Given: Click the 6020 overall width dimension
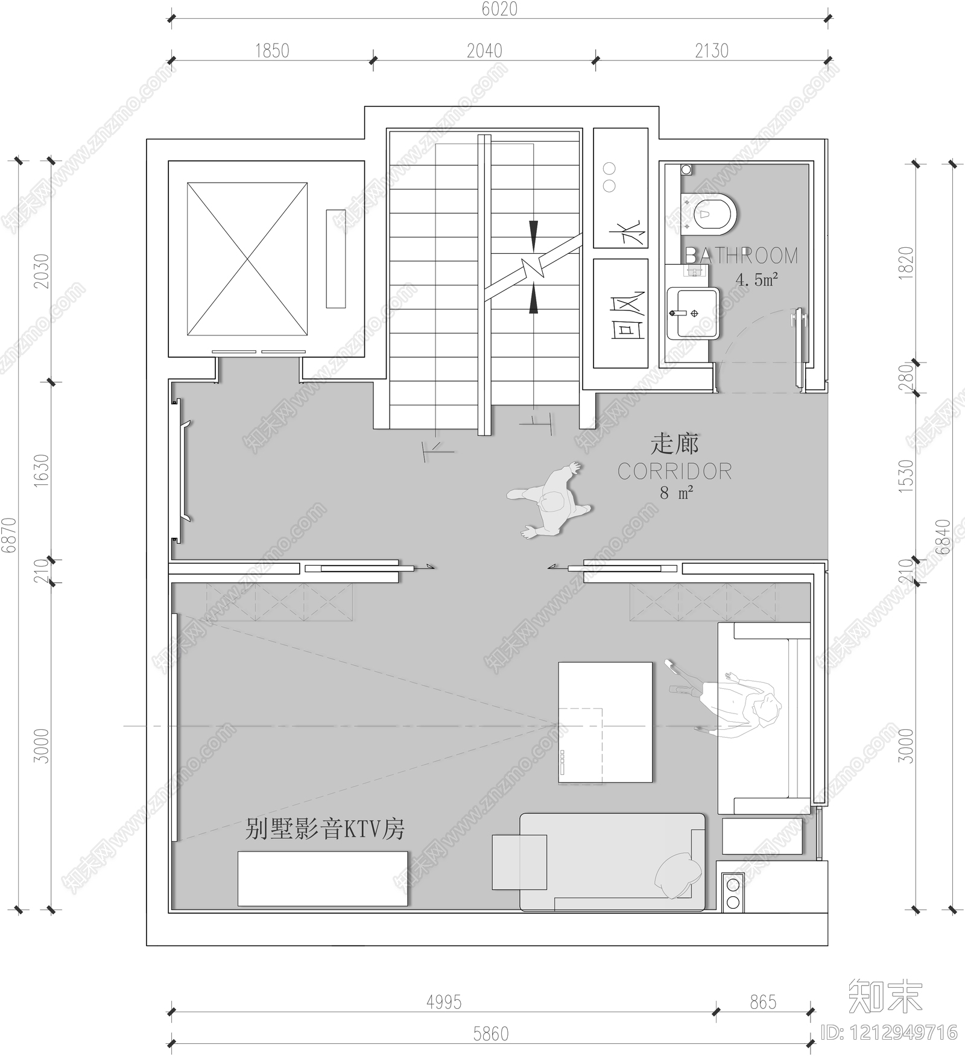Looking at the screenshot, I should (x=499, y=9).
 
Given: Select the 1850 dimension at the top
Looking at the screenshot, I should (x=272, y=51).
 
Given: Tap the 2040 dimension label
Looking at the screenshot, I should (x=484, y=51).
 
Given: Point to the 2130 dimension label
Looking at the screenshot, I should (x=712, y=51).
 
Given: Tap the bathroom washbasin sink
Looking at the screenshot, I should (x=694, y=313).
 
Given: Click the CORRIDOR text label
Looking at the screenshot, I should (x=675, y=472).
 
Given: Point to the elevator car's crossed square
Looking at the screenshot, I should (x=247, y=259).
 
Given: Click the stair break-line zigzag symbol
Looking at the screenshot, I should (x=533, y=267).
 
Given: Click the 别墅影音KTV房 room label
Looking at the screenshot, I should (x=324, y=830).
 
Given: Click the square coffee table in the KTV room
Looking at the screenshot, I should (x=605, y=722).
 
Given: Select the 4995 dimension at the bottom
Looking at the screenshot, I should (x=444, y=1002).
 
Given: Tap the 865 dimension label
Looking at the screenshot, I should (x=763, y=1002).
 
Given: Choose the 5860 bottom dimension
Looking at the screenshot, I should (x=491, y=1034).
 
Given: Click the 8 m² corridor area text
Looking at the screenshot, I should (x=676, y=493).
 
